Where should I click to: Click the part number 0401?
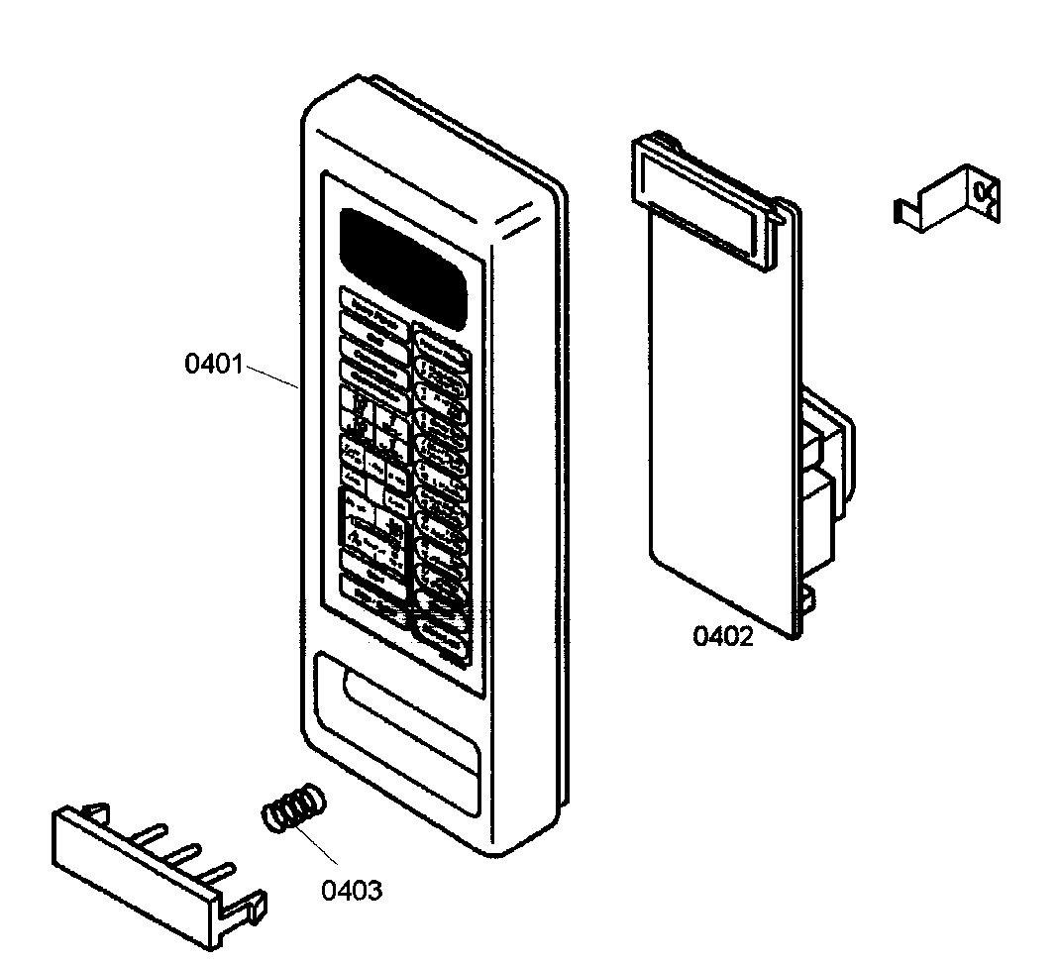point(213,364)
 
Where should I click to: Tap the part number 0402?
point(722,635)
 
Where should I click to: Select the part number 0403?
point(352,890)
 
